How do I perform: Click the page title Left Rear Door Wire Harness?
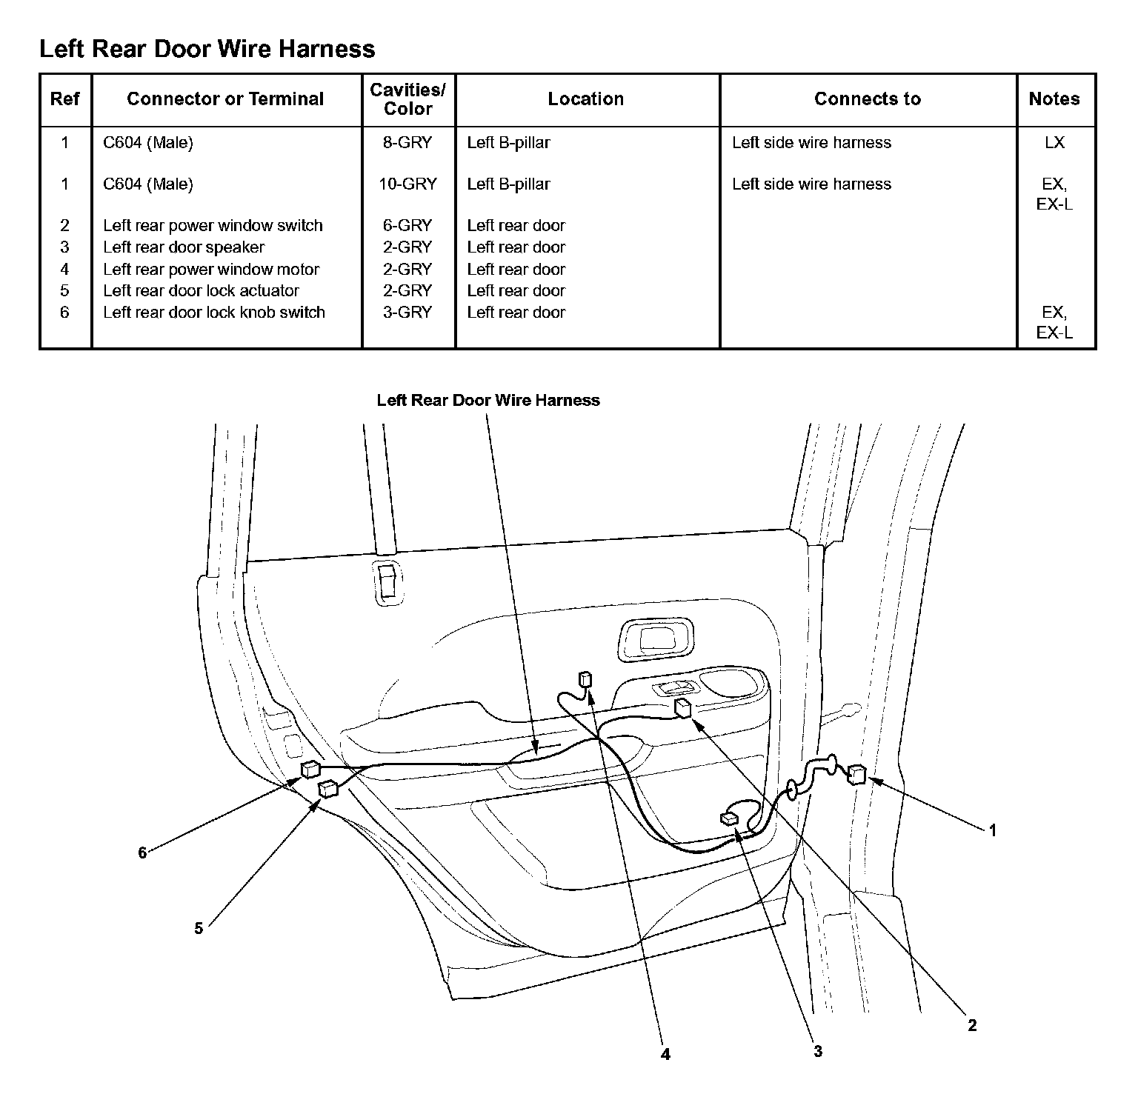[x=207, y=49]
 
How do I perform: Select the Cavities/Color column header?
[x=408, y=99]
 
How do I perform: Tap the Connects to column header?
[x=868, y=99]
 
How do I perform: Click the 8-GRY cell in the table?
[x=407, y=142]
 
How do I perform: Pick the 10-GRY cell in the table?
[x=407, y=184]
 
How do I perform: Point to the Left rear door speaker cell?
[x=184, y=247]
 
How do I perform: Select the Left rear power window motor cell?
[x=211, y=270]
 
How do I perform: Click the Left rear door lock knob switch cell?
[x=214, y=313]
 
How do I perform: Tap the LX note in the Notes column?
[x=1054, y=142]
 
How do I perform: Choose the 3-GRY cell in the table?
[x=407, y=313]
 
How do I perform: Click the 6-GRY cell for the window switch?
[x=407, y=225]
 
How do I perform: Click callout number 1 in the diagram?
[x=993, y=830]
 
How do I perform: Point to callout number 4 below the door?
[x=665, y=1054]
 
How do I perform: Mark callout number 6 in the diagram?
[x=142, y=853]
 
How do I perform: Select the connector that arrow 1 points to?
[x=856, y=774]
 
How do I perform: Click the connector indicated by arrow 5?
[x=327, y=790]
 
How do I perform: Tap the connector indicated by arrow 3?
[x=729, y=818]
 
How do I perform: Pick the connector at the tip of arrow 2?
[x=682, y=708]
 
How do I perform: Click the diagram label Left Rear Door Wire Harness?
[x=488, y=401]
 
